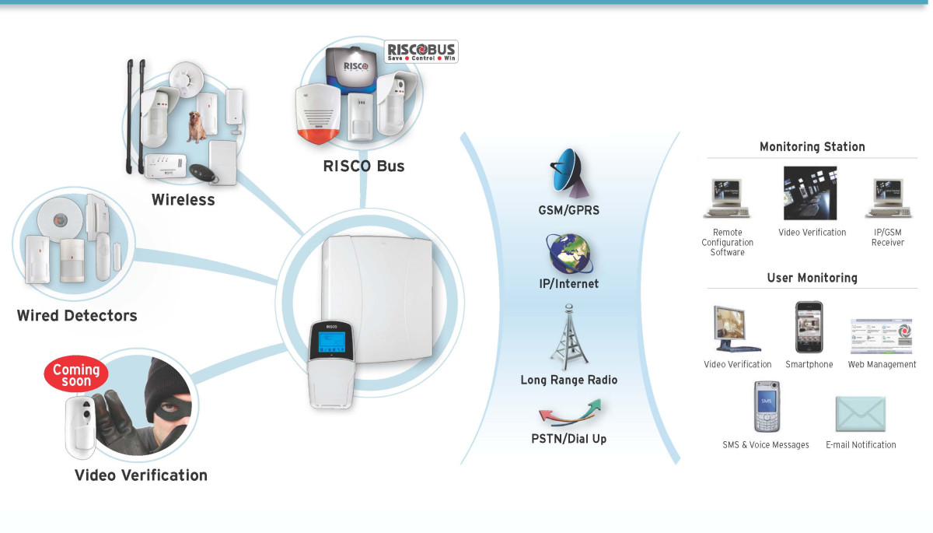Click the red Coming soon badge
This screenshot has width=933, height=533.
pos(76,374)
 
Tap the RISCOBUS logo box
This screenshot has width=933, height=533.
pos(422,51)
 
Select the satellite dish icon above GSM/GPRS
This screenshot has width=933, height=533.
pos(569,173)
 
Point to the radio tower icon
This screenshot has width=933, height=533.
pos(568,336)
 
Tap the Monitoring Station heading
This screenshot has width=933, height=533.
pos(812,146)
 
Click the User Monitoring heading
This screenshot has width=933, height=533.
pos(812,278)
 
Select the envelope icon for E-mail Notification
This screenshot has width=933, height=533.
pos(860,414)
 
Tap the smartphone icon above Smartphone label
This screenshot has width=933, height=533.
pos(809,328)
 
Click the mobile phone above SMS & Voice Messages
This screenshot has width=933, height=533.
pos(766,406)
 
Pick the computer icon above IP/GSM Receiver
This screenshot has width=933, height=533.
pos(887,198)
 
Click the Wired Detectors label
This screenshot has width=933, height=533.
pos(77,316)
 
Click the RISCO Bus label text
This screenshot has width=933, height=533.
pos(364,166)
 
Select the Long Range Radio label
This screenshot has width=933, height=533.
pos(568,380)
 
